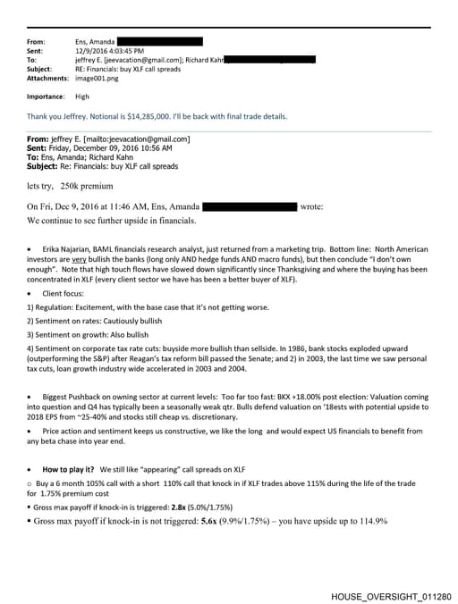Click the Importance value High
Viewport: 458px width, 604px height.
coord(82,96)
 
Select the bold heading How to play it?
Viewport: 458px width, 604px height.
coord(72,469)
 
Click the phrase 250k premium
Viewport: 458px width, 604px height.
coord(88,186)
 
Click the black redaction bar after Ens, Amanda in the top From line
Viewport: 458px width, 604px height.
coord(160,41)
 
